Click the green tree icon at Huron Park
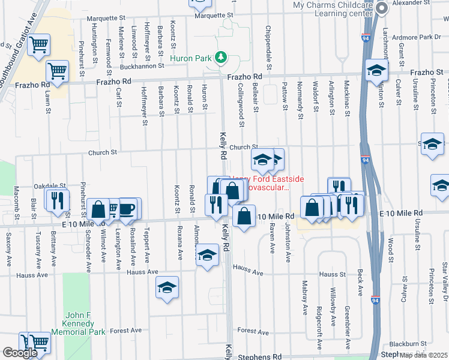coord(221,58)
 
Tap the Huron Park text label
coord(191,58)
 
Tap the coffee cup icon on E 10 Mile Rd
coord(127,209)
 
